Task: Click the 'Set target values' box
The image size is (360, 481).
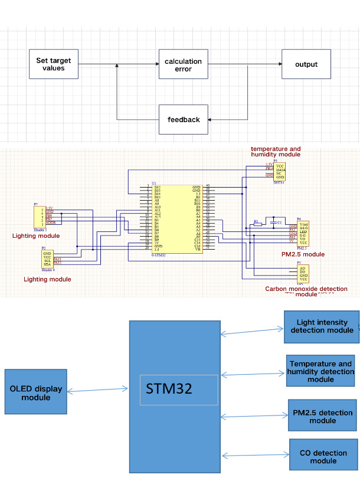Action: [x=54, y=64]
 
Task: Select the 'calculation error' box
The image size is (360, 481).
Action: [x=183, y=65]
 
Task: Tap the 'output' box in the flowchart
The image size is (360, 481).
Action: [x=306, y=64]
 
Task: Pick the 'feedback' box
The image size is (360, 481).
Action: [x=183, y=119]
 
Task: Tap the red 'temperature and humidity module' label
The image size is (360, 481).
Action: [x=275, y=152]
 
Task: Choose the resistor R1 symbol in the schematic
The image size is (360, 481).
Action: [x=257, y=224]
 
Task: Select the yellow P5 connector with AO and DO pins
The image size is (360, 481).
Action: [x=302, y=273]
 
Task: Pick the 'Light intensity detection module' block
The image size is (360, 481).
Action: [x=321, y=326]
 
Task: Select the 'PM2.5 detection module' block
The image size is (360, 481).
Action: [x=322, y=417]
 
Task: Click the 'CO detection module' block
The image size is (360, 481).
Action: [x=323, y=457]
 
